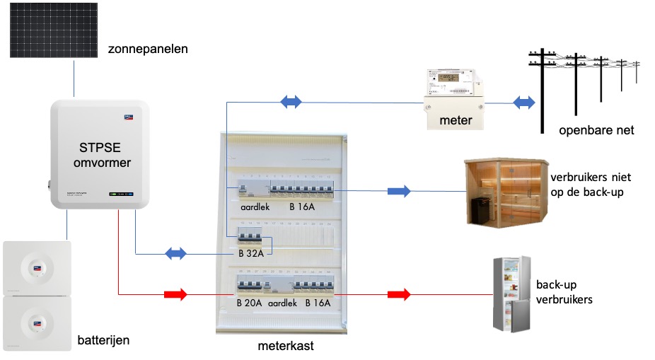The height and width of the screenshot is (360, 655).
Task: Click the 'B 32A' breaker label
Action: click(x=251, y=252)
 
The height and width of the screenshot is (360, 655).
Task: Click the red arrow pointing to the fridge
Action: click(x=399, y=293)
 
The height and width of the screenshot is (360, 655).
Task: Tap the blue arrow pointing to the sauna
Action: click(x=398, y=191)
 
